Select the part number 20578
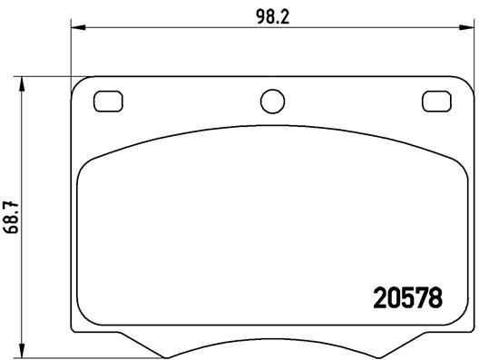[408, 298]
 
